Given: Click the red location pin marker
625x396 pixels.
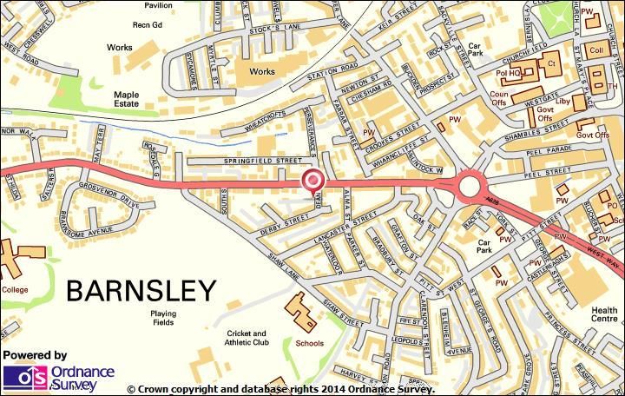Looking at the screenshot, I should (312, 180).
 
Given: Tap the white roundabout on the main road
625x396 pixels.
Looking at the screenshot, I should (470, 184).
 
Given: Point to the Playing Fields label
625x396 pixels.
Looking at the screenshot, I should (162, 318).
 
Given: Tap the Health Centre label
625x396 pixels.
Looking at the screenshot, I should (604, 315).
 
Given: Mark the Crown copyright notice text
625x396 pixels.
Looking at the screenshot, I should (280, 389).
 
